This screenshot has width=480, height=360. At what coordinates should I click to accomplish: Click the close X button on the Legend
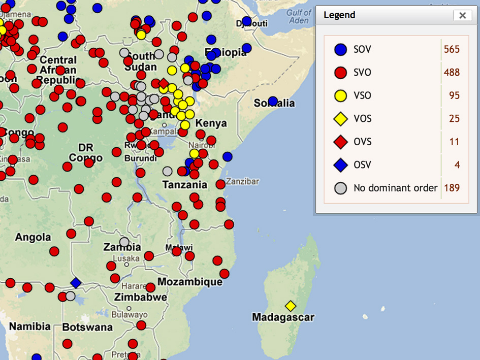pos(462,15)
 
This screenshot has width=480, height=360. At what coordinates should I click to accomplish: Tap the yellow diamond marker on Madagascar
pos(291,306)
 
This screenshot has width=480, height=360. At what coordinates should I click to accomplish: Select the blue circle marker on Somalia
pos(273,101)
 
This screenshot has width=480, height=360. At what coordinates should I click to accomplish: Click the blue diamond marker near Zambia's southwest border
pos(76,283)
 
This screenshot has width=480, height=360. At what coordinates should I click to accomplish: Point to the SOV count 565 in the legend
pos(451,49)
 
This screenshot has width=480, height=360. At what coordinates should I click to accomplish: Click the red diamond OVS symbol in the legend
pos(340,142)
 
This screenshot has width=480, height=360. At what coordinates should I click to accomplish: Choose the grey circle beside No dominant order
pos(340,188)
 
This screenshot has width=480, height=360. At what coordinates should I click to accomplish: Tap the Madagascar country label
pos(283,317)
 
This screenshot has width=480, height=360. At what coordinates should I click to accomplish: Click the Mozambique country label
pos(190,282)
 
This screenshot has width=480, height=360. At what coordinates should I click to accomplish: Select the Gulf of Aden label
pos(299,16)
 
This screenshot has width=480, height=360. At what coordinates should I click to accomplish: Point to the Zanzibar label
pos(243,181)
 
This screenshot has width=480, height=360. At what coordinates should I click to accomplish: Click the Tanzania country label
pos(185,185)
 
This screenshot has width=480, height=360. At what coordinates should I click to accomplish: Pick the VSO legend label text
pos(362,95)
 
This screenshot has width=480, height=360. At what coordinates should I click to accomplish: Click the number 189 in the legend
pos(451,188)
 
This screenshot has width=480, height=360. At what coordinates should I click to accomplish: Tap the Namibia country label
pos(29,326)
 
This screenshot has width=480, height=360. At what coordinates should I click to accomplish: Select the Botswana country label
pos(87,327)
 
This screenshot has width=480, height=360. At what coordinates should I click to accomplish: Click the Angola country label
pos(33,237)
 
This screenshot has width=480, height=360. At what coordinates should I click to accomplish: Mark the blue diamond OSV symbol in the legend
pos(340,165)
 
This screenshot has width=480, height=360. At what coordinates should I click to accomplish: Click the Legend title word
pos(339,15)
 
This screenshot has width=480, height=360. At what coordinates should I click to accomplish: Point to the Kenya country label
pos(211,123)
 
